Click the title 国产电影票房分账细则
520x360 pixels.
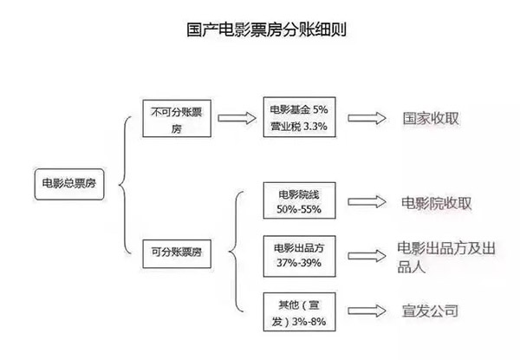point(266,29)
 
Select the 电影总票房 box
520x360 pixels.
point(69,184)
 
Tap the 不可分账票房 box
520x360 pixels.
point(177,119)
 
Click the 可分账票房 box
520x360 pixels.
point(177,254)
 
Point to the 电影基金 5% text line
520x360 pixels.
point(299,109)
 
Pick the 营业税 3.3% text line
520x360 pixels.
point(299,126)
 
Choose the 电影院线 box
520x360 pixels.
point(300,200)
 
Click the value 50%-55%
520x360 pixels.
point(299,209)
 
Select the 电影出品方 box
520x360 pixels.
point(300,256)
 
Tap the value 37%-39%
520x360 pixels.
point(299,263)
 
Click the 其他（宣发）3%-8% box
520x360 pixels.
point(300,312)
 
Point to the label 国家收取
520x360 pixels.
point(431,119)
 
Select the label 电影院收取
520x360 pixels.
point(436,203)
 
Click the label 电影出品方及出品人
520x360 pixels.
point(446,257)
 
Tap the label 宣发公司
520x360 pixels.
point(430,311)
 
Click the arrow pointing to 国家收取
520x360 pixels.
point(367,118)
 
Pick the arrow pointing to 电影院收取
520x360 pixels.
point(367,202)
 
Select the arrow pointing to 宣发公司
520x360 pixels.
point(367,311)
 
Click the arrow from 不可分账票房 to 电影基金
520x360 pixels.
point(237,118)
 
